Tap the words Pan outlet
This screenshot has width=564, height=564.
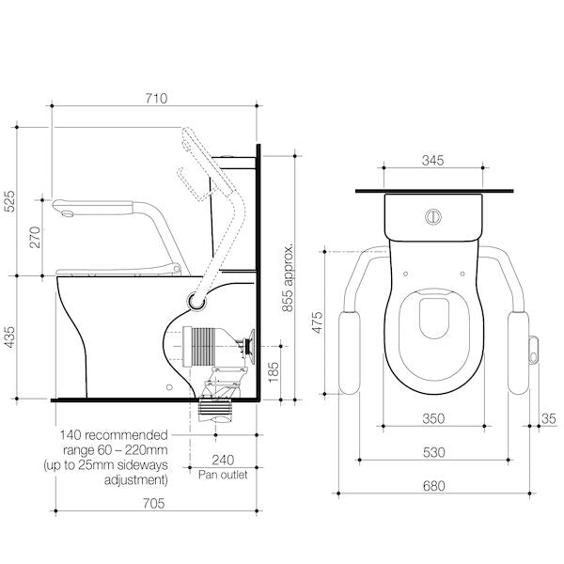tap(223, 476)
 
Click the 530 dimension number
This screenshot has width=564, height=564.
tap(433, 453)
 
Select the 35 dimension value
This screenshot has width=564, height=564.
tap(546, 418)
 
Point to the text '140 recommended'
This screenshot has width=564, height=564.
tap(114, 435)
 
